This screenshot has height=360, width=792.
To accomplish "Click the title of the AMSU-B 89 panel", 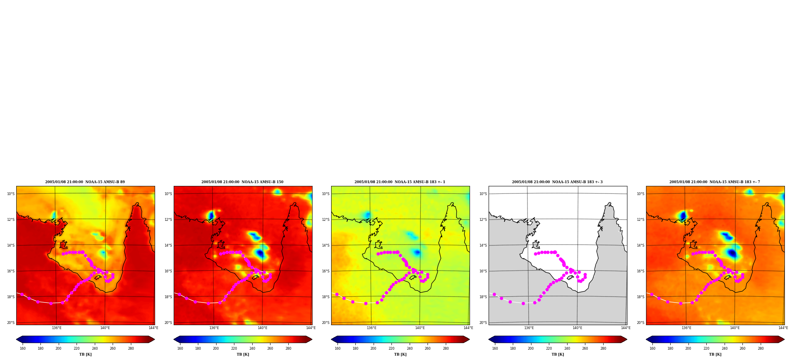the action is pyautogui.click(x=85, y=182).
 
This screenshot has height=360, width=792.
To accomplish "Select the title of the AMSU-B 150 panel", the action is pyautogui.click(x=242, y=182).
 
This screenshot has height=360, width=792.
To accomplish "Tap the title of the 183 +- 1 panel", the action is pyautogui.click(x=400, y=182).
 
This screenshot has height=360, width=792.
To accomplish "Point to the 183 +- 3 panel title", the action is pyautogui.click(x=557, y=182).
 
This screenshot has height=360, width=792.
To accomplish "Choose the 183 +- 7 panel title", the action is pyautogui.click(x=715, y=182).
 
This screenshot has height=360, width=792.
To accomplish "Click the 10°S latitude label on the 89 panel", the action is pyautogui.click(x=11, y=194).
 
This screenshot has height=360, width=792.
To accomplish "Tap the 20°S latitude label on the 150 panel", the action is pyautogui.click(x=168, y=323).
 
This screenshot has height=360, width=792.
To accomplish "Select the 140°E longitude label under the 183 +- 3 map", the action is pyautogui.click(x=577, y=328).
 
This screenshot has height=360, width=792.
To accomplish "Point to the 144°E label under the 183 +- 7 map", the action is pyautogui.click(x=783, y=328).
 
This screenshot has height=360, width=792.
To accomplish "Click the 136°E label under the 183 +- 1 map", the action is pyautogui.click(x=371, y=328).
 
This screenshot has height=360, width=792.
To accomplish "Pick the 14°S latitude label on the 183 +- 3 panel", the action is pyautogui.click(x=483, y=245).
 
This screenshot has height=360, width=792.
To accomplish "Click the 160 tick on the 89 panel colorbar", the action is pyautogui.click(x=23, y=349).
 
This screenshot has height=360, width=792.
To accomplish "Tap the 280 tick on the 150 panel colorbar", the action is pyautogui.click(x=288, y=349).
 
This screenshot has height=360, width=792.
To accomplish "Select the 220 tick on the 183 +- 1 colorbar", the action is pyautogui.click(x=391, y=349).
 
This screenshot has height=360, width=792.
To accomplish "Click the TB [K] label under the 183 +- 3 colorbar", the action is pyautogui.click(x=558, y=354).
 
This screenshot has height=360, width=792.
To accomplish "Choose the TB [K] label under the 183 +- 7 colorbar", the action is pyautogui.click(x=715, y=354).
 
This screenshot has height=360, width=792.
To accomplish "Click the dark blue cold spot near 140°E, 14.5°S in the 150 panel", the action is pyautogui.click(x=260, y=253).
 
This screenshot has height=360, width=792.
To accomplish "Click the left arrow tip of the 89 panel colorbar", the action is pyautogui.click(x=16, y=339).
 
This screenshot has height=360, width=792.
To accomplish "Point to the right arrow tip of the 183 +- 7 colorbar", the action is pyautogui.click(x=784, y=339).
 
